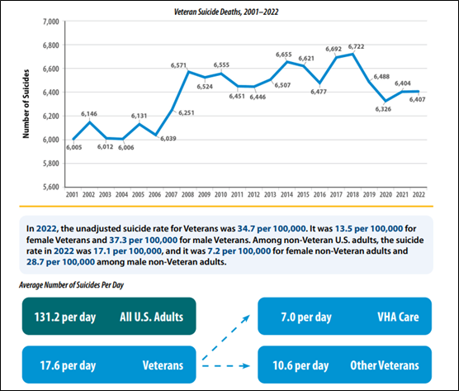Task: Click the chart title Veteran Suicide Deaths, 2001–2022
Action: pyautogui.click(x=226, y=12)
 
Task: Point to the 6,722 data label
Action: pyautogui.click(x=356, y=46)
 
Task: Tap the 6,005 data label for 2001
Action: pyautogui.click(x=73, y=147)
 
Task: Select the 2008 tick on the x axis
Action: pyautogui.click(x=187, y=194)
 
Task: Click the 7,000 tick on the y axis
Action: pyautogui.click(x=51, y=21)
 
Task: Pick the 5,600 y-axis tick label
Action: pyautogui.click(x=51, y=187)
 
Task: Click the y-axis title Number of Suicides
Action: pyautogui.click(x=26, y=104)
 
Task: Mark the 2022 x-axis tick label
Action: pyautogui.click(x=419, y=194)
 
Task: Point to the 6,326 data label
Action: pyautogui.click(x=383, y=109)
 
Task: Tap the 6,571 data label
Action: pyautogui.click(x=178, y=65)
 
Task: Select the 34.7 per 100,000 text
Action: pyautogui.click(x=272, y=229)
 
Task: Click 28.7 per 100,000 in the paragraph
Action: pyautogui.click(x=60, y=262)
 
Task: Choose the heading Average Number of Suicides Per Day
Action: pyautogui.click(x=72, y=285)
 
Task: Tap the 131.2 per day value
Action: pyautogui.click(x=65, y=317)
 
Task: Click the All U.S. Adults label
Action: pyautogui.click(x=151, y=317)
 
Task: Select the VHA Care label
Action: pyautogui.click(x=398, y=317)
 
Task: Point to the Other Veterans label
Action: pyautogui.click(x=385, y=365)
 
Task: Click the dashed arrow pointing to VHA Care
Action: pyautogui.click(x=225, y=337)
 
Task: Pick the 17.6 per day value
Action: pyautogui.click(x=68, y=366)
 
